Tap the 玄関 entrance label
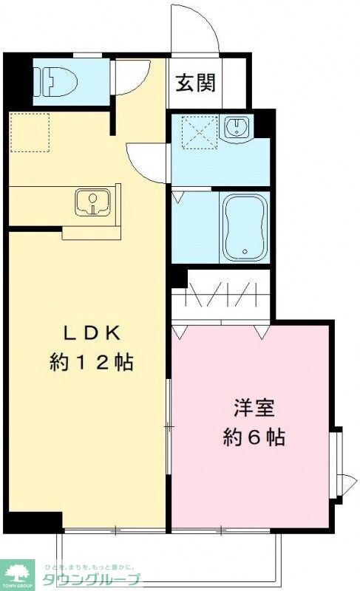tap(195, 83)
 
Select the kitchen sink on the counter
tap(92, 202)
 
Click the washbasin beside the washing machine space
tap(239, 130)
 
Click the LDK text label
tap(91, 332)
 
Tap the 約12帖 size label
tap(91, 362)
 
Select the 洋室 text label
tap(254, 408)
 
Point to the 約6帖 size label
tap(254, 437)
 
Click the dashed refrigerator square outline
tap(29, 132)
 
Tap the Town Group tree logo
tap(19, 571)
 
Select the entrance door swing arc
tap(194, 30)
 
